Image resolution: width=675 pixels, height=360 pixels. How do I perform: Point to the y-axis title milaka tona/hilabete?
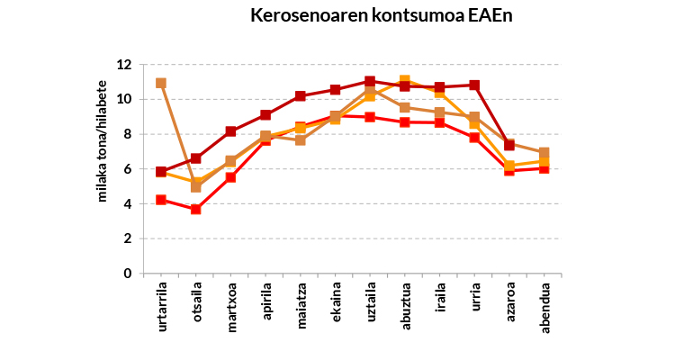pyautogui.click(x=103, y=168)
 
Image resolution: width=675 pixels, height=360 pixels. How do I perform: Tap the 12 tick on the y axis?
pyautogui.click(x=124, y=65)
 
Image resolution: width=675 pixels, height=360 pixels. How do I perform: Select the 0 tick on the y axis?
pyautogui.click(x=127, y=274)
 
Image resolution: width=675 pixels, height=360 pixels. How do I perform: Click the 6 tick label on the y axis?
pyautogui.click(x=127, y=169)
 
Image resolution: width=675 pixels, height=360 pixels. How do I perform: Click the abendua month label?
pyautogui.click(x=545, y=310)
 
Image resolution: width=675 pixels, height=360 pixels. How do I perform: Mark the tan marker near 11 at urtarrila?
pyautogui.click(x=161, y=83)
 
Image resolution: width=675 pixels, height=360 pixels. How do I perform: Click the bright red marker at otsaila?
pyautogui.click(x=196, y=209)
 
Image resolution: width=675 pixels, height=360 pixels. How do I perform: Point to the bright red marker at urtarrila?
pyautogui.click(x=161, y=200)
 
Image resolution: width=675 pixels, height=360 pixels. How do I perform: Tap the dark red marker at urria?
pyautogui.click(x=475, y=85)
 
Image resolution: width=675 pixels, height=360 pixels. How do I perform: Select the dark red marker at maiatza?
pyautogui.click(x=301, y=96)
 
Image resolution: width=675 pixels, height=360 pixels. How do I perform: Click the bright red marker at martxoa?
pyautogui.click(x=230, y=177)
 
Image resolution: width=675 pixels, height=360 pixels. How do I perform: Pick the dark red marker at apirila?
pyautogui.click(x=265, y=115)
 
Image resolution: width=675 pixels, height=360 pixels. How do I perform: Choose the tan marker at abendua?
pyautogui.click(x=544, y=153)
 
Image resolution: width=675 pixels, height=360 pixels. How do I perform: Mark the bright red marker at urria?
pyautogui.click(x=475, y=138)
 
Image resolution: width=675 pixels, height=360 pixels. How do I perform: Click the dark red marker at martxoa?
pyautogui.click(x=230, y=131)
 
